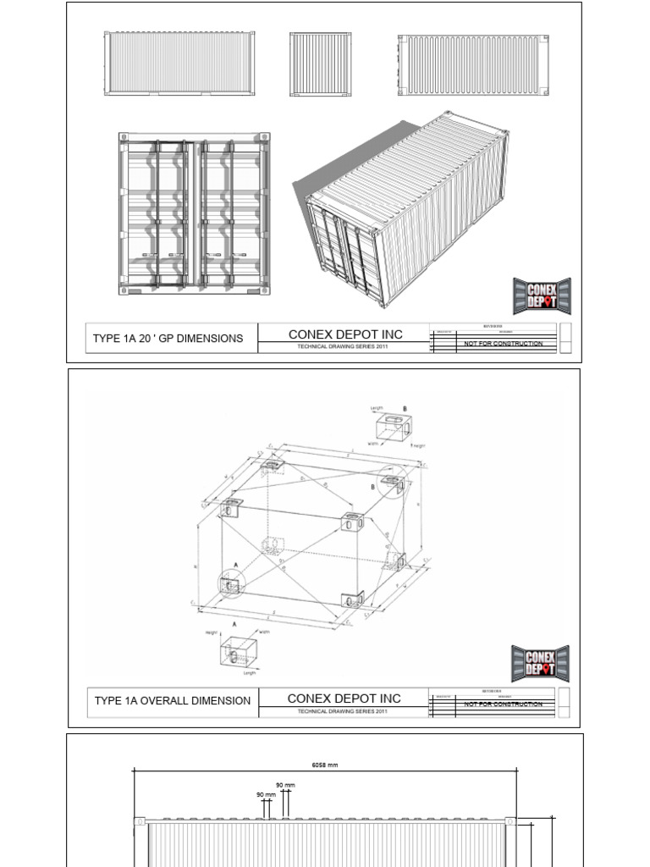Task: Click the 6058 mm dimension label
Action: pos(325,765)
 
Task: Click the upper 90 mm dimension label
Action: pos(285,785)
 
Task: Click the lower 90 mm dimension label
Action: pos(266,795)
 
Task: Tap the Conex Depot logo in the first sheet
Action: pos(542,296)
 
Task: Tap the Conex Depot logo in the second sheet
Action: pos(540,663)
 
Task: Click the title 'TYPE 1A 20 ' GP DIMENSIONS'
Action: pos(168,339)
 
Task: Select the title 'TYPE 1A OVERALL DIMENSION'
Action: pos(173,701)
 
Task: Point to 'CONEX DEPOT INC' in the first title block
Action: pos(345,334)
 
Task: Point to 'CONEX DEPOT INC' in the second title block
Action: pos(344,699)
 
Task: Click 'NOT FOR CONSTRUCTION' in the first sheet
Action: pos(504,344)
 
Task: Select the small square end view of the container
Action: pos(320,64)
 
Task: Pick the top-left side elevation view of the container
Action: pos(179,64)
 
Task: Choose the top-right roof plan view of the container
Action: pos(474,65)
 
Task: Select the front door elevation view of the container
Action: pos(194,213)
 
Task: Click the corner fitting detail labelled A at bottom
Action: pos(240,652)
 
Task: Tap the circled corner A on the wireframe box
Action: pos(229,583)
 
